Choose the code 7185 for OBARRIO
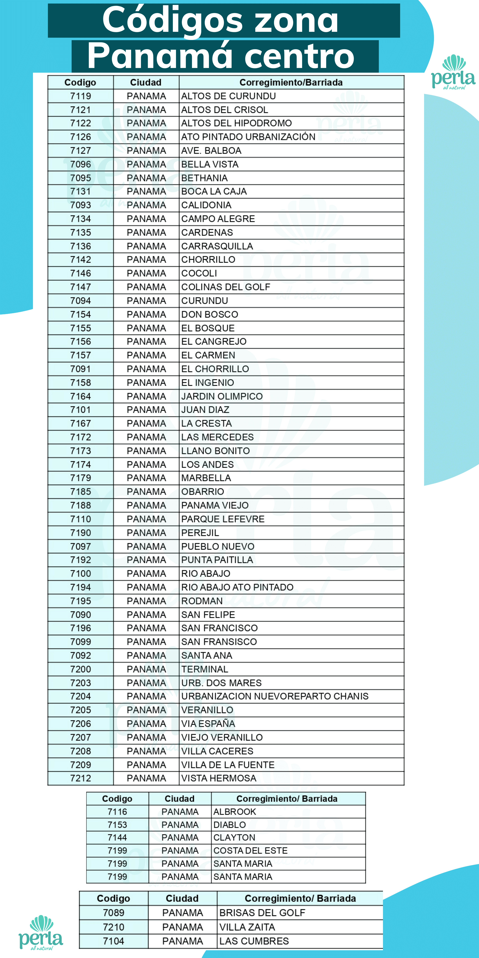(81, 492)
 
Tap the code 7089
(113, 913)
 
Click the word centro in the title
(299, 56)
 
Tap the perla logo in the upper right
(453, 72)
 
